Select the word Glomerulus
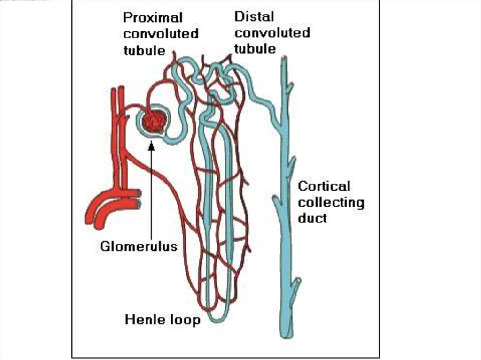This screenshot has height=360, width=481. [x=139, y=246]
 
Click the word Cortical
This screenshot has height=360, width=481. [x=324, y=186]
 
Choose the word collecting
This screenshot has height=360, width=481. [x=331, y=202]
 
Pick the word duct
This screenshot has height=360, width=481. [x=312, y=218]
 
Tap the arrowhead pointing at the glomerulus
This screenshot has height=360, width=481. [x=151, y=146]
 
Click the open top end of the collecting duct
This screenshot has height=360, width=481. [x=285, y=59]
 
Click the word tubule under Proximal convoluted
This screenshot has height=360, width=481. [x=144, y=50]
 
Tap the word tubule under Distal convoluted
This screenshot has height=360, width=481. [x=255, y=48]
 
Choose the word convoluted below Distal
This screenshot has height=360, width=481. [x=272, y=33]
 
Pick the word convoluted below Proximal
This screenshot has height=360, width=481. [x=161, y=34]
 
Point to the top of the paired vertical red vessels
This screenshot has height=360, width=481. [x=117, y=89]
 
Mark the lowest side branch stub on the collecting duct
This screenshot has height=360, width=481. [x=296, y=283]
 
